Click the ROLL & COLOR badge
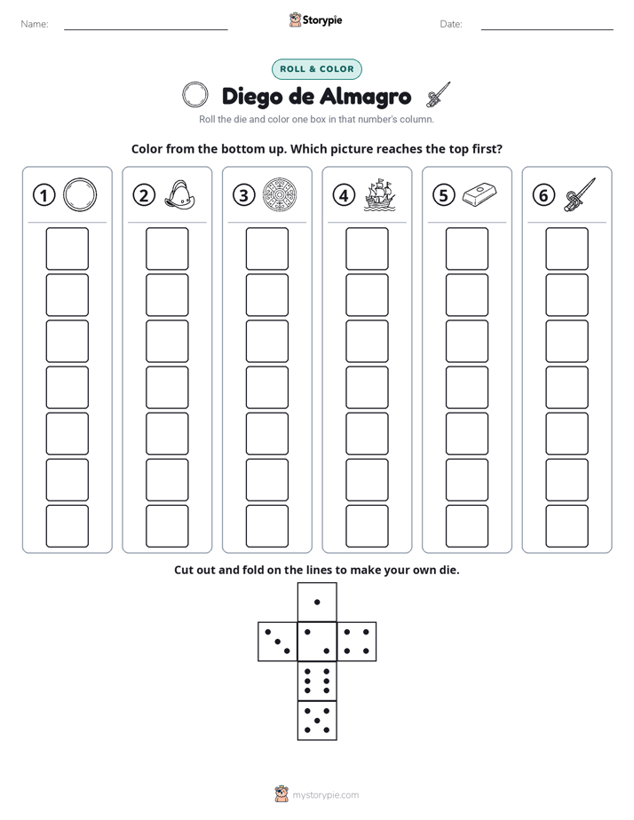(316, 69)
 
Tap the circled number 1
(44, 195)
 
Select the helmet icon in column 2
(180, 195)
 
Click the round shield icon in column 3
(280, 195)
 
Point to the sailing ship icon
(380, 195)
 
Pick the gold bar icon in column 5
(479, 193)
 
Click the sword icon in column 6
(580, 194)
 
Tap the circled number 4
(344, 195)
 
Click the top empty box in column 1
(67, 248)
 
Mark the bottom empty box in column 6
(567, 526)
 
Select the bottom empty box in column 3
(266, 526)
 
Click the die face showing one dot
(317, 603)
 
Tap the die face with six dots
(317, 681)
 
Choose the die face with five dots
(317, 721)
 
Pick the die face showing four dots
(357, 642)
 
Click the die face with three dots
(277, 642)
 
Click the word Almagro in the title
(365, 97)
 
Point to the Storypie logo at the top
(315, 20)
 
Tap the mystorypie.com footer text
(325, 795)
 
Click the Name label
(35, 24)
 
